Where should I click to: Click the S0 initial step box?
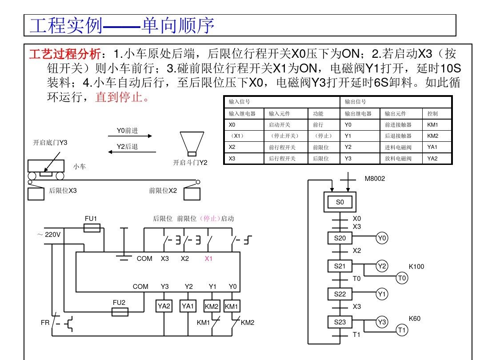tap(340, 202)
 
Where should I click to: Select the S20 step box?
tap(340, 238)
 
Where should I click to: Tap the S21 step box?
tap(340, 266)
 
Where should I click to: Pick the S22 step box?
tap(340, 294)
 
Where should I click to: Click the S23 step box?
tap(340, 322)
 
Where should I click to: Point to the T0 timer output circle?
tap(402, 278)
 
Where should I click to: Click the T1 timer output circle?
tap(402, 330)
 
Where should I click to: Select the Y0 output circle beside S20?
tap(382, 238)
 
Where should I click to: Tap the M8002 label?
tap(375, 179)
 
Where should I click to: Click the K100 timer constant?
tap(416, 267)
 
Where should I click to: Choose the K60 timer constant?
tap(415, 319)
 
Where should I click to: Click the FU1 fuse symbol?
tap(92, 228)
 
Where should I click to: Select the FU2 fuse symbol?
tap(119, 312)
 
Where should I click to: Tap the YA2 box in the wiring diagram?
tap(164, 306)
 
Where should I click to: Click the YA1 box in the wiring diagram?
tap(188, 306)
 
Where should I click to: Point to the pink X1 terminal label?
tap(209, 259)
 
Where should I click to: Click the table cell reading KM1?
tap(432, 125)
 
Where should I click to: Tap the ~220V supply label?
tap(49, 234)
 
